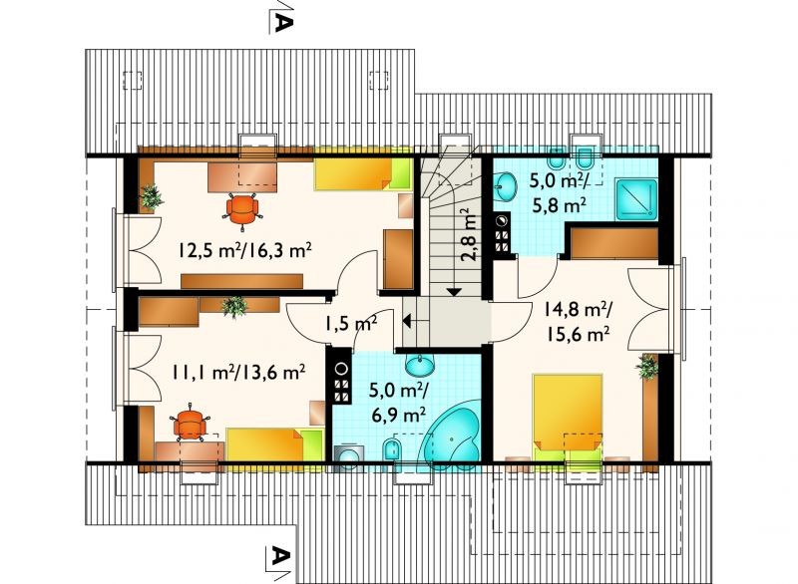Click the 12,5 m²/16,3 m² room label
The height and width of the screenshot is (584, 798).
244,250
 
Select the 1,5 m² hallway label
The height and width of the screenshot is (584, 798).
351,322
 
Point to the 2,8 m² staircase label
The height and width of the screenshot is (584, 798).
470,235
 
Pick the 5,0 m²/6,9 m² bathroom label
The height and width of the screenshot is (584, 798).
399,402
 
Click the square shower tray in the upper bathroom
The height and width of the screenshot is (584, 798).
636,199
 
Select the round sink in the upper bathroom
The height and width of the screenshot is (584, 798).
505,186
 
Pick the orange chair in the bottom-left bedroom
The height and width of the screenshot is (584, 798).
190,422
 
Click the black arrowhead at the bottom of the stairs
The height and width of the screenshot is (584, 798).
454,292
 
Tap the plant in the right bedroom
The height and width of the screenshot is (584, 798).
646,366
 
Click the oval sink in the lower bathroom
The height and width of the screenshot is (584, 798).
420,365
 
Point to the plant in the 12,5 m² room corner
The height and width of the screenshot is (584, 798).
151,197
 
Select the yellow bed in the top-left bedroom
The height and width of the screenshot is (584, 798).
363,173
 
